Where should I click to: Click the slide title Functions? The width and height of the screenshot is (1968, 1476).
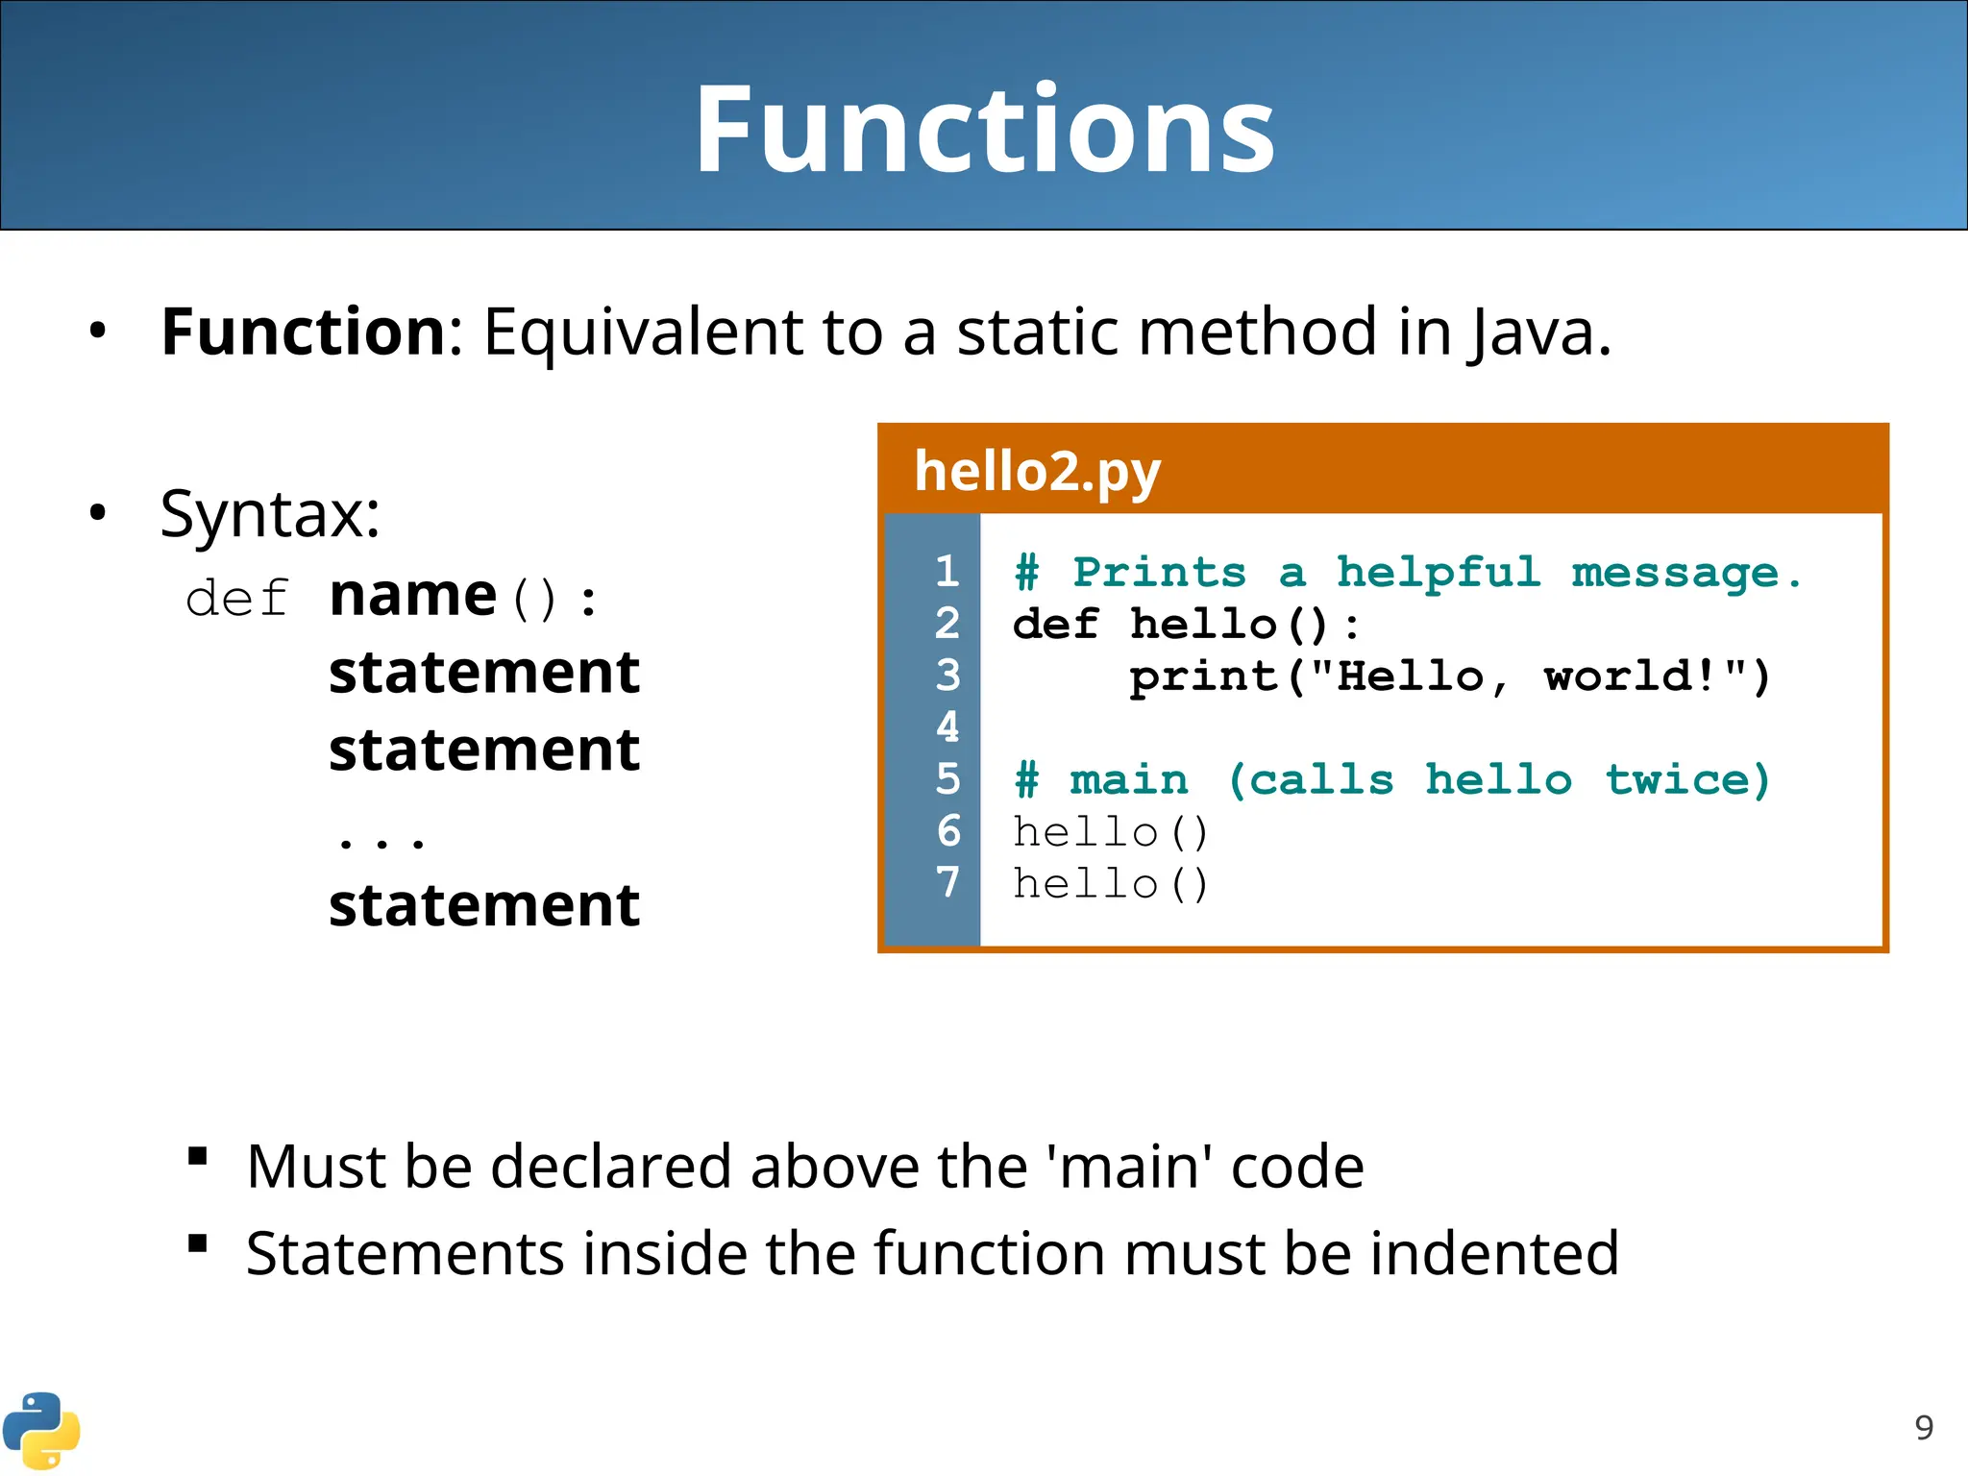[x=984, y=130]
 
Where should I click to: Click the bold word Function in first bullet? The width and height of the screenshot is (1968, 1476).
[x=303, y=332]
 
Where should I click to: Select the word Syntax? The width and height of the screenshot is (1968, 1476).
[x=269, y=514]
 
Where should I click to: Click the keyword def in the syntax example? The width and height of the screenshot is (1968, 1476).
[x=236, y=599]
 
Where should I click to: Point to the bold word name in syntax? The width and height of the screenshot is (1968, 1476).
[x=412, y=596]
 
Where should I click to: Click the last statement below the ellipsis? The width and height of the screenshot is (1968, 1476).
[x=483, y=905]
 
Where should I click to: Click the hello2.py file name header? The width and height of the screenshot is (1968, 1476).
[x=1038, y=471]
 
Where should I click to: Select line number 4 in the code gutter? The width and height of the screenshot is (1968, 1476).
[x=947, y=727]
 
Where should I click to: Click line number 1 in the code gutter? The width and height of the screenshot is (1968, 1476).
[x=947, y=572]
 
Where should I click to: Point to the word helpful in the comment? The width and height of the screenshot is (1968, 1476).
[x=1439, y=574]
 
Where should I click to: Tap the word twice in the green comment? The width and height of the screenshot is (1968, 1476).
[x=1686, y=779]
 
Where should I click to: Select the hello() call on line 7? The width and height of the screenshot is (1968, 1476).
[x=1110, y=884]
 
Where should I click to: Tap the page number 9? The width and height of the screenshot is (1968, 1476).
[x=1924, y=1428]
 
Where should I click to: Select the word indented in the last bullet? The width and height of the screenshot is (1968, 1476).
[x=1494, y=1254]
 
